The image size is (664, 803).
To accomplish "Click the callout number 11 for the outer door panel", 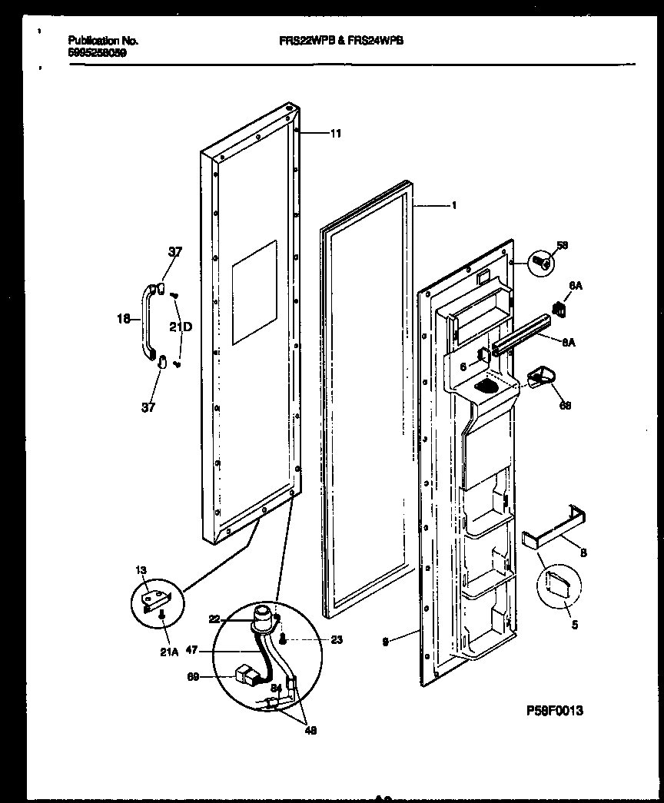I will coord(335,134).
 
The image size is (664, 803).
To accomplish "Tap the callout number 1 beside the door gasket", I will coord(455,205).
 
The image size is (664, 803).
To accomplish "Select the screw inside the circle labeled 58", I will coord(543,264).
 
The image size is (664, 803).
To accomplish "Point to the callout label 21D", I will coord(182,327).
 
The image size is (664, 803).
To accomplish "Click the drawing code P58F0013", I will coord(555,712).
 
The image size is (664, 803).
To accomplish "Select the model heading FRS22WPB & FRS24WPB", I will coord(340,44).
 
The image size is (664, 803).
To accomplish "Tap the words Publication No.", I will coord(103,41).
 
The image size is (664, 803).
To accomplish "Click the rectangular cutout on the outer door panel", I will coord(254,292).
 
